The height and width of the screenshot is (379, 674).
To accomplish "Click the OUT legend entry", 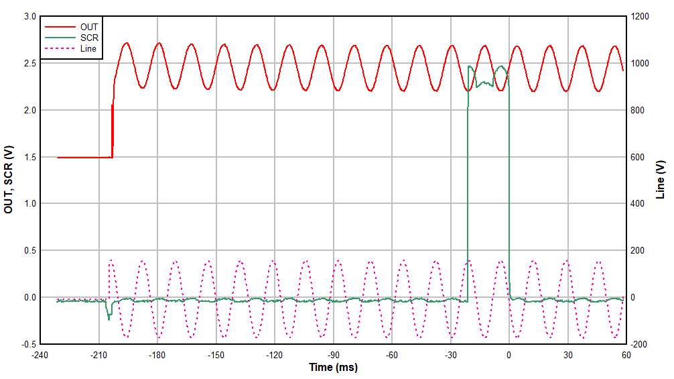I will click(x=88, y=27).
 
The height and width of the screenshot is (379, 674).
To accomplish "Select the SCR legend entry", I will click(x=88, y=38).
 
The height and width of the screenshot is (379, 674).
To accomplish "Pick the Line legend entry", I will click(x=88, y=48).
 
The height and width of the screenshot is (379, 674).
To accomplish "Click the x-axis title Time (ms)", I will click(x=333, y=368).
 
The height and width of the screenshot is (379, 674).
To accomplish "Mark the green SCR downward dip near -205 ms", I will click(x=109, y=316).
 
